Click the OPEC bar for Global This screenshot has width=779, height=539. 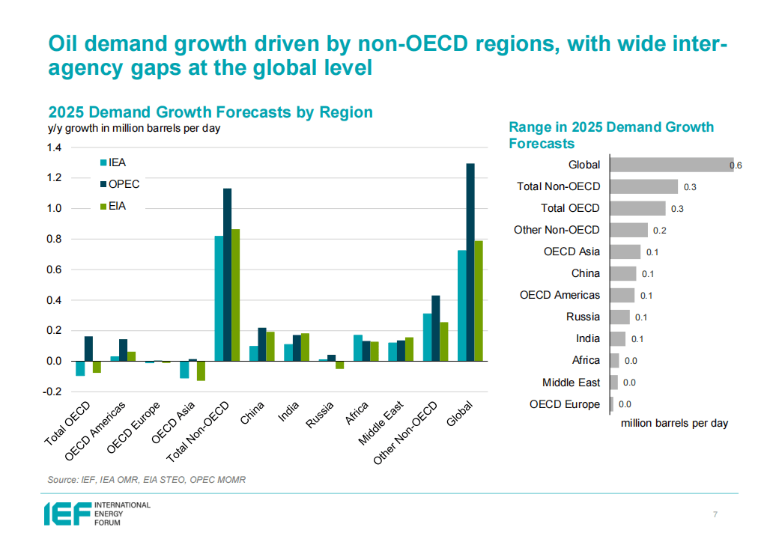470,262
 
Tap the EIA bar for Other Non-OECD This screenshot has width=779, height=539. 443,341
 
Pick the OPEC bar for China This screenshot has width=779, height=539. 262,344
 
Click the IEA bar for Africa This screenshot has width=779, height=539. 358,348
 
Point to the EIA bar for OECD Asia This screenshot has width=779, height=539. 201,371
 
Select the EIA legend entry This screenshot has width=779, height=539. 116,206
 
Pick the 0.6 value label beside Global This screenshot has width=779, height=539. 736,165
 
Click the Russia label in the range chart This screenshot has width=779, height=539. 583,317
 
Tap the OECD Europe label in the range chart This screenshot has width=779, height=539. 564,404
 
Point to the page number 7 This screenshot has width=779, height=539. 715,514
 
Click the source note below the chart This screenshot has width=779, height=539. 146,479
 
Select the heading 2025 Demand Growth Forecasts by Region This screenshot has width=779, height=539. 210,112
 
